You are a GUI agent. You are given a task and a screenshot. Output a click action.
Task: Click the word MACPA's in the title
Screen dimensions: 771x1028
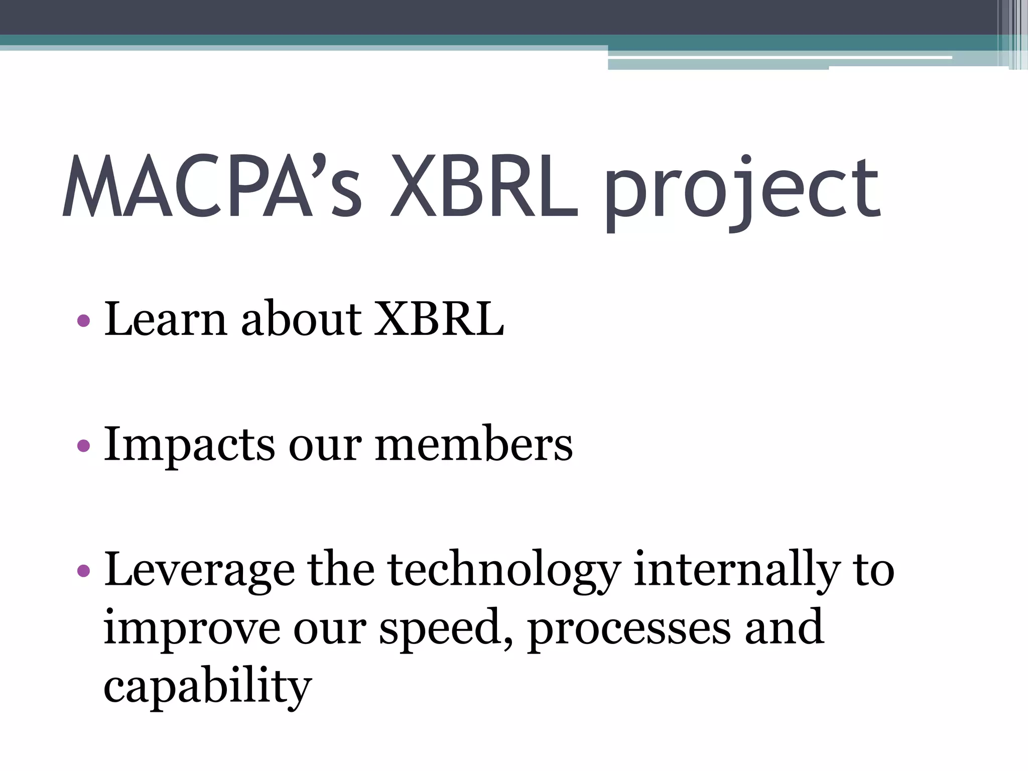211,188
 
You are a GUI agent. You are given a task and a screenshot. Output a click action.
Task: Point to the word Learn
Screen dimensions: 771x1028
165,319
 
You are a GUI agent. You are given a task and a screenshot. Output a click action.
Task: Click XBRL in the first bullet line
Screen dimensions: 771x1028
439,319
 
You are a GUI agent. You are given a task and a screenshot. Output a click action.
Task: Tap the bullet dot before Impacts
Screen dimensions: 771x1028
84,445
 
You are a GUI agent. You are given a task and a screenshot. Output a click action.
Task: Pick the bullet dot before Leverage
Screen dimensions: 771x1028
84,570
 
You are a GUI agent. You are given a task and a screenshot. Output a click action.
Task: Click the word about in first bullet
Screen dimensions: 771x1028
301,319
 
